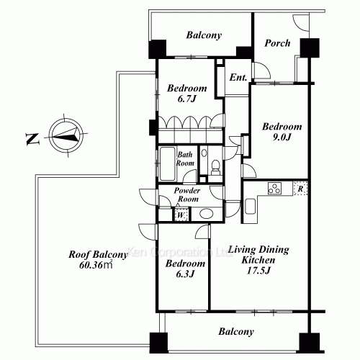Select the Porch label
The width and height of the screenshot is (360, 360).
pos(276,43)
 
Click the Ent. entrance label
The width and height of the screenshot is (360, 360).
pos(238,77)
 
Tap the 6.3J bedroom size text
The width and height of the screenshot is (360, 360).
pos(180,274)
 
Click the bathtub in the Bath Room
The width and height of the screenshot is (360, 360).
pos(166,162)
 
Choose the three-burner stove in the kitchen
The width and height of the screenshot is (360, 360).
pos(275,189)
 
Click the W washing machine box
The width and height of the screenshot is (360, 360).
pos(179,214)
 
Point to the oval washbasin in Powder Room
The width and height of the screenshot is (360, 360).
pos(207,213)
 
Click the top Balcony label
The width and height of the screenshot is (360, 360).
pos(204,35)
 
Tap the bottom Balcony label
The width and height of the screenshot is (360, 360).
pos(236,332)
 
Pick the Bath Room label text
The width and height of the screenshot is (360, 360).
pos(186,158)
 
